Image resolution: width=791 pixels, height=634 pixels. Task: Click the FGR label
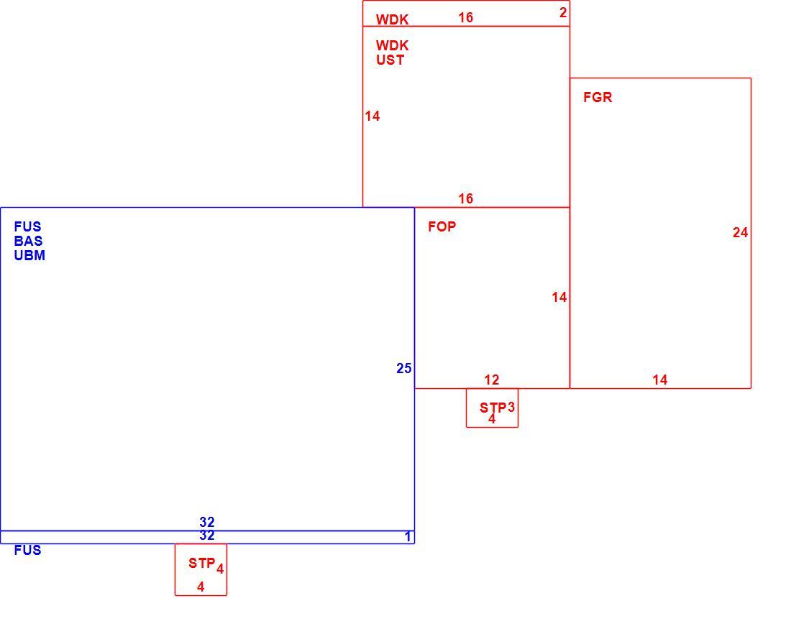[x=598, y=97]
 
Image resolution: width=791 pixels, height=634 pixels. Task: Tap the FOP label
[x=442, y=226]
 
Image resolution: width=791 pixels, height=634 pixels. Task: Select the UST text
[x=390, y=60]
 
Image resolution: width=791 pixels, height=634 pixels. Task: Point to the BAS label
[x=28, y=241]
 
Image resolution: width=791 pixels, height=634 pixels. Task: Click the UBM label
[x=29, y=255]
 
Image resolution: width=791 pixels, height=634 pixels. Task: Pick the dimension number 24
[x=740, y=232]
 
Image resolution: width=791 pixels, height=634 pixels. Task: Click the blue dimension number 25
[x=403, y=369]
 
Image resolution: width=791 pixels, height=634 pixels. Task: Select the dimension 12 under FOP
[x=491, y=380]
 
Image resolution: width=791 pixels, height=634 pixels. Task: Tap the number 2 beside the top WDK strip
[x=563, y=13]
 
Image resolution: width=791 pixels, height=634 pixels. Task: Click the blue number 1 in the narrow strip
[x=408, y=537]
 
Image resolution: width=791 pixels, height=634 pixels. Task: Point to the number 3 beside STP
[x=511, y=407]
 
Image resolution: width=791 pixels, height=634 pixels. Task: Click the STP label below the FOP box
[x=493, y=408]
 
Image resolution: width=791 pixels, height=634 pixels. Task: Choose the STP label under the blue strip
[x=202, y=563]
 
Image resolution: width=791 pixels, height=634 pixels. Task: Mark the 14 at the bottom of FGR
[x=660, y=380]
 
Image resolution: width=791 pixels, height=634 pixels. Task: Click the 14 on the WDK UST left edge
[x=372, y=116]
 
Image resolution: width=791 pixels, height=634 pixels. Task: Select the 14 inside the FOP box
[x=559, y=297]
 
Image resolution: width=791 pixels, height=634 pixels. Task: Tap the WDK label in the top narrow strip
[x=392, y=19]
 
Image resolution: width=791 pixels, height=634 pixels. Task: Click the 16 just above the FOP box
[x=466, y=198]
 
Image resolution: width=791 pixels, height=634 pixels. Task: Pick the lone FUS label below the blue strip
[x=28, y=551]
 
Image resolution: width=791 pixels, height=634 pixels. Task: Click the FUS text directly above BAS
[x=28, y=226]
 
